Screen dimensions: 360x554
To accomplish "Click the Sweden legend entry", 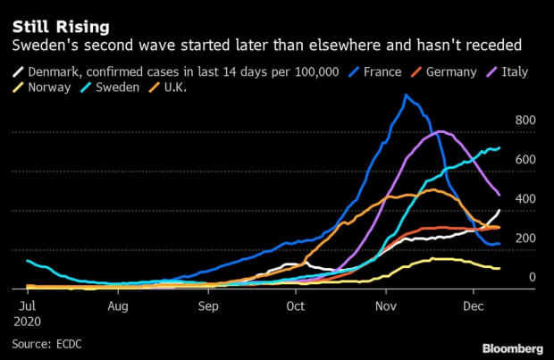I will click(129, 88).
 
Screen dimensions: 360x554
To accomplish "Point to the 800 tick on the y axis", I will click(525, 121).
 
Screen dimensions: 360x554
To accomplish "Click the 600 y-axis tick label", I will click(525, 160).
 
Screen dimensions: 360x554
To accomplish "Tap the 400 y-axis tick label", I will click(525, 199).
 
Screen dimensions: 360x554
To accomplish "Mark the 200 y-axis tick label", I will click(525, 239).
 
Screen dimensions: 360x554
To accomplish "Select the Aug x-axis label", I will click(117, 306).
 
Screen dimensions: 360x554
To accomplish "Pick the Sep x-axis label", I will click(208, 306).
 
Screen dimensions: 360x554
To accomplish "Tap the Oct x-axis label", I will click(296, 306).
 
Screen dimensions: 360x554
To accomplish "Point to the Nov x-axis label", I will click(386, 306).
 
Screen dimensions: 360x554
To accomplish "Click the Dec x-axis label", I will click(474, 306).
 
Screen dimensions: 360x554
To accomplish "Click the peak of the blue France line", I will click(407, 95).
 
